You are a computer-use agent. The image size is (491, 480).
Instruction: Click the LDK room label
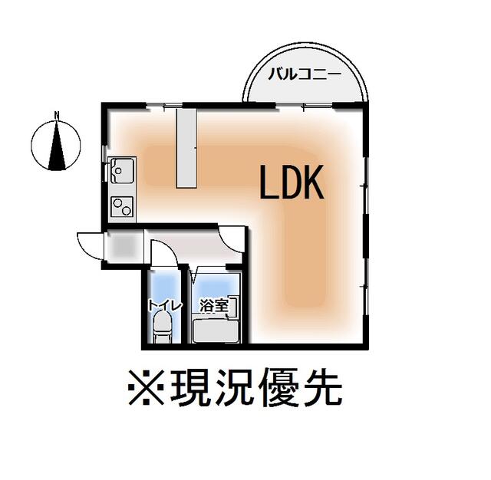pos(292,182)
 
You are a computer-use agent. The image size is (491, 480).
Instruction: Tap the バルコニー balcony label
pos(305,75)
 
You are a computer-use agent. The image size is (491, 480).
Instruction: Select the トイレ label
pos(165,306)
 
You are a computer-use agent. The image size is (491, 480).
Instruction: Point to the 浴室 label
pos(214,306)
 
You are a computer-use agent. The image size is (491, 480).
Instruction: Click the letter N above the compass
pos(57,114)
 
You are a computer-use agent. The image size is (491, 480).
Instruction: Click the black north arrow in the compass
pos(57,145)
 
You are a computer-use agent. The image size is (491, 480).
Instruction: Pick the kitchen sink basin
pos(121,170)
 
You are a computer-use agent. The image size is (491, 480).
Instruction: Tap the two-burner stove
pos(122,207)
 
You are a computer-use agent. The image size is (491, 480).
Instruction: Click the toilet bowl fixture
pos(163,328)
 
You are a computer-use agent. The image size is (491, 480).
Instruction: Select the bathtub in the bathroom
pos(216,331)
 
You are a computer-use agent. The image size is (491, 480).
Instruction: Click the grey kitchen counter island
pos(186,148)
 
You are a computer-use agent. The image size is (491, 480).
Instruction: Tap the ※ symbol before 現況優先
pos(147,387)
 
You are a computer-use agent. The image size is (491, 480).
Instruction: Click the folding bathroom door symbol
pos(195,273)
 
